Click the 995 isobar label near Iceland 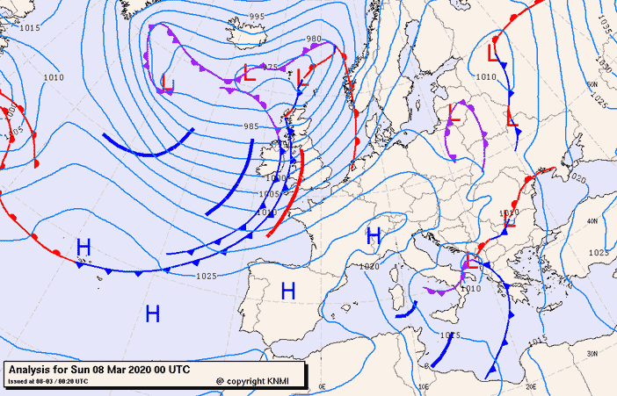[257, 17]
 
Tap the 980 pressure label [314, 39]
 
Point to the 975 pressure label [271, 67]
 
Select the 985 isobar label [250, 126]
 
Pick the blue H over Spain [287, 291]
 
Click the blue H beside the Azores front [83, 248]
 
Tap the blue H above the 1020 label [374, 235]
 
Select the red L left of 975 [249, 74]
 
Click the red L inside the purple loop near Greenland [168, 84]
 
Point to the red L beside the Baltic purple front [454, 112]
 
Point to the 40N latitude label [592, 221]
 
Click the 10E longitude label [425, 385]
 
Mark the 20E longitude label [531, 385]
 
